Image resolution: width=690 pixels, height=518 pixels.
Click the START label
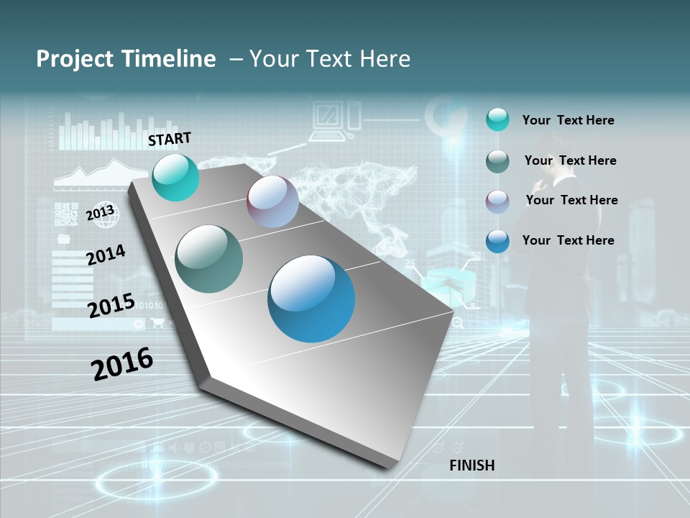pyautogui.click(x=170, y=139)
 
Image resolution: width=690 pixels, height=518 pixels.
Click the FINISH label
pyautogui.click(x=471, y=465)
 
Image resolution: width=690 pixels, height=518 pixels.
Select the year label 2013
pyautogui.click(x=101, y=213)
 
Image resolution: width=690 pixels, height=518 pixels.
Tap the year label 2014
pyautogui.click(x=106, y=255)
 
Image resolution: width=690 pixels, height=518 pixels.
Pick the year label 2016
pyautogui.click(x=122, y=363)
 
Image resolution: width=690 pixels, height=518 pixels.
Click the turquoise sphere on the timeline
pyautogui.click(x=175, y=177)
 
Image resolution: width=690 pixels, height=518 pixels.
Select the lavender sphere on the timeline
pyautogui.click(x=272, y=201)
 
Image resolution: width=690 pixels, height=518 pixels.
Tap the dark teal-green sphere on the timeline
pyautogui.click(x=209, y=259)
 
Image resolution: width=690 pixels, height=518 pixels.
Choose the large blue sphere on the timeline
pyautogui.click(x=311, y=299)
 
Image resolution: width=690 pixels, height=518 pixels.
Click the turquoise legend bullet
pyautogui.click(x=497, y=119)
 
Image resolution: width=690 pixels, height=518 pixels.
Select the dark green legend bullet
pyautogui.click(x=497, y=161)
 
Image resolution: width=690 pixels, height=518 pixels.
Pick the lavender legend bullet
pyautogui.click(x=497, y=201)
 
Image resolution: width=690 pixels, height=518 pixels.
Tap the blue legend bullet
pyautogui.click(x=497, y=241)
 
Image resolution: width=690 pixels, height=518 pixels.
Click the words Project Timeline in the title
pyautogui.click(x=126, y=59)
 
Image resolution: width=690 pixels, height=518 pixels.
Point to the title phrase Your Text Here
pyautogui.click(x=330, y=59)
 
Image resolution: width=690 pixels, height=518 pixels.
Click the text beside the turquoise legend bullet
pyautogui.click(x=568, y=120)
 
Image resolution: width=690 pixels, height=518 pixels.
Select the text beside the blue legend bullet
pyautogui.click(x=568, y=240)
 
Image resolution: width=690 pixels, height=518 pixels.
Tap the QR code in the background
pyautogui.click(x=66, y=214)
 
